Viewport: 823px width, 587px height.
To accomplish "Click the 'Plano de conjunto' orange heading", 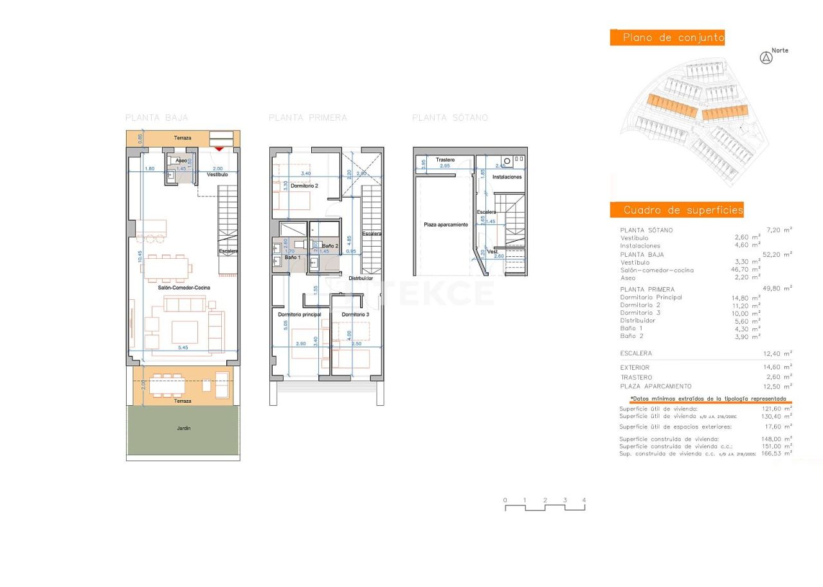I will tap(667, 38).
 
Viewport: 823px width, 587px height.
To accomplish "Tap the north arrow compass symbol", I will tap(766, 58).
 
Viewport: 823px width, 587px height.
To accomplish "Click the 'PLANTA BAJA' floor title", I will tap(157, 118).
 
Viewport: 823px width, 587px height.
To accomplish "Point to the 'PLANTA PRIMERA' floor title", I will tap(307, 118).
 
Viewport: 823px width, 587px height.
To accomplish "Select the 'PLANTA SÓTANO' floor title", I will tap(450, 118).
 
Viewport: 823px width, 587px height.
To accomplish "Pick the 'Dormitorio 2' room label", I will tap(304, 186).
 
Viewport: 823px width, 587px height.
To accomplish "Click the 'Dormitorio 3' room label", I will tap(355, 315).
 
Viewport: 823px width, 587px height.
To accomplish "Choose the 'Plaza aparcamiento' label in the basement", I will tap(446, 225).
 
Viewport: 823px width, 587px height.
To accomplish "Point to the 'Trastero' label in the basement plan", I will tap(445, 159).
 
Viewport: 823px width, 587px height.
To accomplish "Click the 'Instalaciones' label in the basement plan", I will tap(507, 177).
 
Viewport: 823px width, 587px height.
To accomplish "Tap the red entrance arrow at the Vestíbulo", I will tap(219, 149).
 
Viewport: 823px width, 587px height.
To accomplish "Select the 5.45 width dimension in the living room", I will tap(183, 347).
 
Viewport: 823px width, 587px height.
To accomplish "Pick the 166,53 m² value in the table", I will tap(776, 453).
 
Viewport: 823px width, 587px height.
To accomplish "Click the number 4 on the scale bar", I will tap(584, 500).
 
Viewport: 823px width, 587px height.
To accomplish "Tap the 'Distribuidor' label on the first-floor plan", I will tap(361, 278).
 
